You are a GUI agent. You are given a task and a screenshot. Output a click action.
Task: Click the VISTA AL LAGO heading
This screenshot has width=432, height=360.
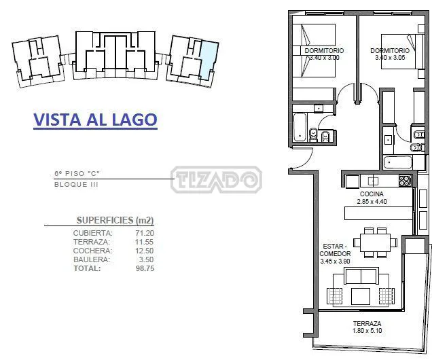95,120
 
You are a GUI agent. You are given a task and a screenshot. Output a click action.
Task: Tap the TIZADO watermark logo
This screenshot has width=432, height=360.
216,179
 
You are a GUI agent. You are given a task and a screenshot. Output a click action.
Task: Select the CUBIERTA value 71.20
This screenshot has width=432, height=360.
145,233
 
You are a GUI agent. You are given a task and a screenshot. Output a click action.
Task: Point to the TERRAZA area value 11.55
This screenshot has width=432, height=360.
145,242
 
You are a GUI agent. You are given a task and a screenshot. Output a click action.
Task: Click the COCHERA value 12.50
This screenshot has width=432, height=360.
145,251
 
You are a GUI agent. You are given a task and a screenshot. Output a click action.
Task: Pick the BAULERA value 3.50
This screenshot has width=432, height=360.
146,259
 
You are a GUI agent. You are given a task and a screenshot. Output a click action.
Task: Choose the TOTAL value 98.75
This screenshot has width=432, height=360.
145,268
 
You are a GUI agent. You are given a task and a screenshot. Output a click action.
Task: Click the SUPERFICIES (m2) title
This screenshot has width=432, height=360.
115,220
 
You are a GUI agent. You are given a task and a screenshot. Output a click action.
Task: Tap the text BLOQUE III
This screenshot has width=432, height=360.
76,185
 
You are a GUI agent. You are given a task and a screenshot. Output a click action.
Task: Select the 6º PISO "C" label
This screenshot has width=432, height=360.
77,173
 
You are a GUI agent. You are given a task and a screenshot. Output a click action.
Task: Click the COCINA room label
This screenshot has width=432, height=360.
372,194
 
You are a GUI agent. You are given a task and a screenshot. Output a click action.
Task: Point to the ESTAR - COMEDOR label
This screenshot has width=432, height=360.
335,250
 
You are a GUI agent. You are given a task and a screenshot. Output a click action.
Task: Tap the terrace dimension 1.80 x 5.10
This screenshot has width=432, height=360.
367,331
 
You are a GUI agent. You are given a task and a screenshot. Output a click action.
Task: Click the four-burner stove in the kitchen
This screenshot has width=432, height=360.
405,181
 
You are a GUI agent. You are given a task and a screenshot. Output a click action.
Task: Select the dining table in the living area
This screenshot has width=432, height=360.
375,242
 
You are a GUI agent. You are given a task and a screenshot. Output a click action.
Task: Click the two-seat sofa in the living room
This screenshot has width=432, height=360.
361,276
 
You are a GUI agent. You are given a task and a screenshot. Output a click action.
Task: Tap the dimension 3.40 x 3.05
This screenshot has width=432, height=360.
390,58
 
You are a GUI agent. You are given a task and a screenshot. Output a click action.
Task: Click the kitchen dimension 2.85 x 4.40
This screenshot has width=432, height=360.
372,201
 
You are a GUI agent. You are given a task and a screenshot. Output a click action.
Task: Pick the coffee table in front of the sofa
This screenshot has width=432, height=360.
361,296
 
